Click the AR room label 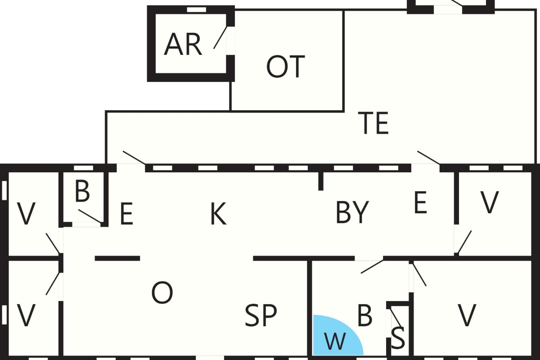(x=183, y=45)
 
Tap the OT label (x=286, y=67)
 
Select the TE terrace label (x=373, y=123)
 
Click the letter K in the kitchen (x=218, y=214)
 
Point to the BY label (x=352, y=212)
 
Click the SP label (x=261, y=315)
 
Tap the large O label (x=162, y=292)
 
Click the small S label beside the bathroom (x=398, y=338)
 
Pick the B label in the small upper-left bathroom (x=82, y=191)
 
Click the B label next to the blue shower (x=365, y=315)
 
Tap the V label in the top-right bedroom (x=490, y=202)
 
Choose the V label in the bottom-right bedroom (x=467, y=315)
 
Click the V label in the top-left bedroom (x=27, y=214)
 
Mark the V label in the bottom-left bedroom (x=27, y=315)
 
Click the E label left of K (x=126, y=214)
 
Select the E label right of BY (x=420, y=202)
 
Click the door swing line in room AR (x=220, y=37)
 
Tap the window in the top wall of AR (x=197, y=10)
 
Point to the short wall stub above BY (x=320, y=181)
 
